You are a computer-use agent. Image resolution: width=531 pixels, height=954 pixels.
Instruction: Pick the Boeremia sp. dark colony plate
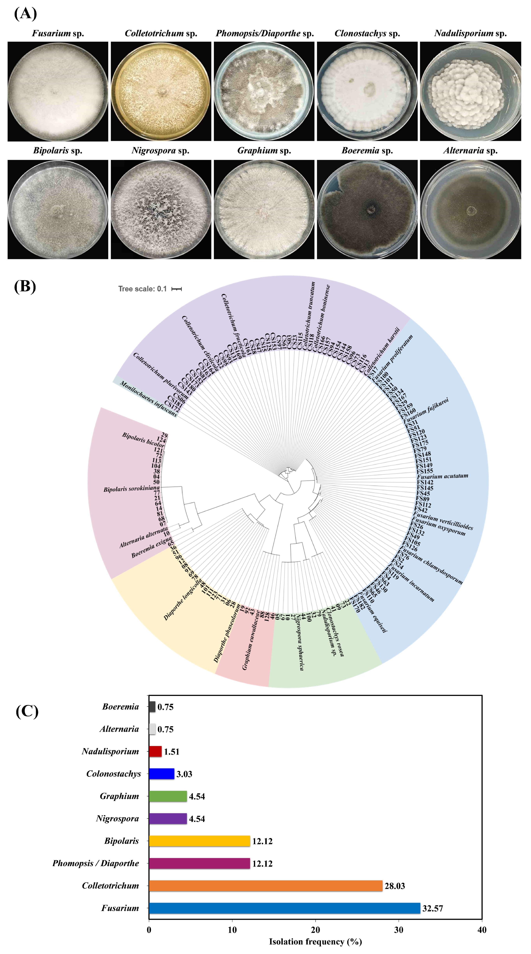pos(367,209)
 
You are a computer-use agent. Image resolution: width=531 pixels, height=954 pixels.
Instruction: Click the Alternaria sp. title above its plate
pos(470,150)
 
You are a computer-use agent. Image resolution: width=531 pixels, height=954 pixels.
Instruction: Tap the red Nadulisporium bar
pos(155,751)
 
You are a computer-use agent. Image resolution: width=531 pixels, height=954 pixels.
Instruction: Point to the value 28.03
pos(395,886)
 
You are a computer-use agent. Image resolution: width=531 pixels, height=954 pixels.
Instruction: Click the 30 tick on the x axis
pos(399,930)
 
